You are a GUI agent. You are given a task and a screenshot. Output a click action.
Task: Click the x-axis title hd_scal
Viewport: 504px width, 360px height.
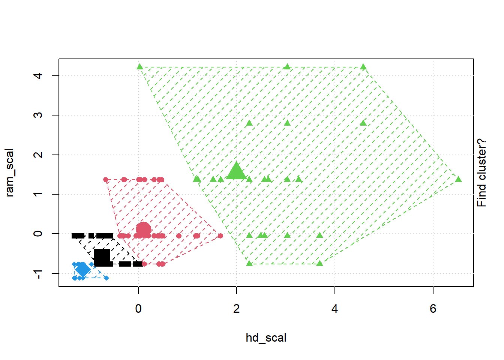[x=266, y=337]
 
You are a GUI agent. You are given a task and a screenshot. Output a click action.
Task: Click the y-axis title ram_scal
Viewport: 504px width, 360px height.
[x=9, y=172]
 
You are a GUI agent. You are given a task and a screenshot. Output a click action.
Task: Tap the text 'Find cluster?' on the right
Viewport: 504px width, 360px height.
[x=481, y=172]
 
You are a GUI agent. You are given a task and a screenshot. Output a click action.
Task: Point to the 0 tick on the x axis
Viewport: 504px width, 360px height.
[x=138, y=308]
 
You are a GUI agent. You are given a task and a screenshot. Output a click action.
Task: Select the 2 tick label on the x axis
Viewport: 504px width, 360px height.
[x=236, y=308]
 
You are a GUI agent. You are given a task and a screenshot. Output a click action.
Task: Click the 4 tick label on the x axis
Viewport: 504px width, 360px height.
[x=334, y=308]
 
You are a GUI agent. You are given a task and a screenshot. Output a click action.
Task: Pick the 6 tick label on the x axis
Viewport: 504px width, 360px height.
[x=433, y=308]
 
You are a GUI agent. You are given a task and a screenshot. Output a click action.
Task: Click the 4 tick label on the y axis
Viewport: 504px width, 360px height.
[x=38, y=76]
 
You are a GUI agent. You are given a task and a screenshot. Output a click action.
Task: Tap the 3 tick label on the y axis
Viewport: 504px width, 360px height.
[x=38, y=115]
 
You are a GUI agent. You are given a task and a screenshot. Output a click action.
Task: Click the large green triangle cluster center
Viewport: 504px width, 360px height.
[x=236, y=171]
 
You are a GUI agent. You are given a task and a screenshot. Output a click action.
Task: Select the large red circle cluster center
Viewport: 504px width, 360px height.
[x=143, y=230]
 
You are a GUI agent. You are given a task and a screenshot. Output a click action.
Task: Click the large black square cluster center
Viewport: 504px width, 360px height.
[x=102, y=257]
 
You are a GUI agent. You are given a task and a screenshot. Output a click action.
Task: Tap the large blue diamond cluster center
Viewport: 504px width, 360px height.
[x=82, y=269]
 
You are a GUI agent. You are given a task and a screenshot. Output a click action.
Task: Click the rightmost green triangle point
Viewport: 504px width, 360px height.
[x=458, y=179]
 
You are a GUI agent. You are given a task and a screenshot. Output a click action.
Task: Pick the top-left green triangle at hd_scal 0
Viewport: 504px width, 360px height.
[x=140, y=67]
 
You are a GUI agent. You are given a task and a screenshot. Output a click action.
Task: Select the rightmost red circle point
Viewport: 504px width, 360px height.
[x=220, y=236]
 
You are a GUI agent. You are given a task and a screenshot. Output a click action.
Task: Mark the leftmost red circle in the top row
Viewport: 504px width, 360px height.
[x=106, y=180]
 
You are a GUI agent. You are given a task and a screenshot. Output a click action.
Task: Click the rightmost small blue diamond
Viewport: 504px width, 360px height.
[x=106, y=278]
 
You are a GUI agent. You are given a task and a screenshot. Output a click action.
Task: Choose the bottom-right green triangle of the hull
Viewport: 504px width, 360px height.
[x=319, y=264]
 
